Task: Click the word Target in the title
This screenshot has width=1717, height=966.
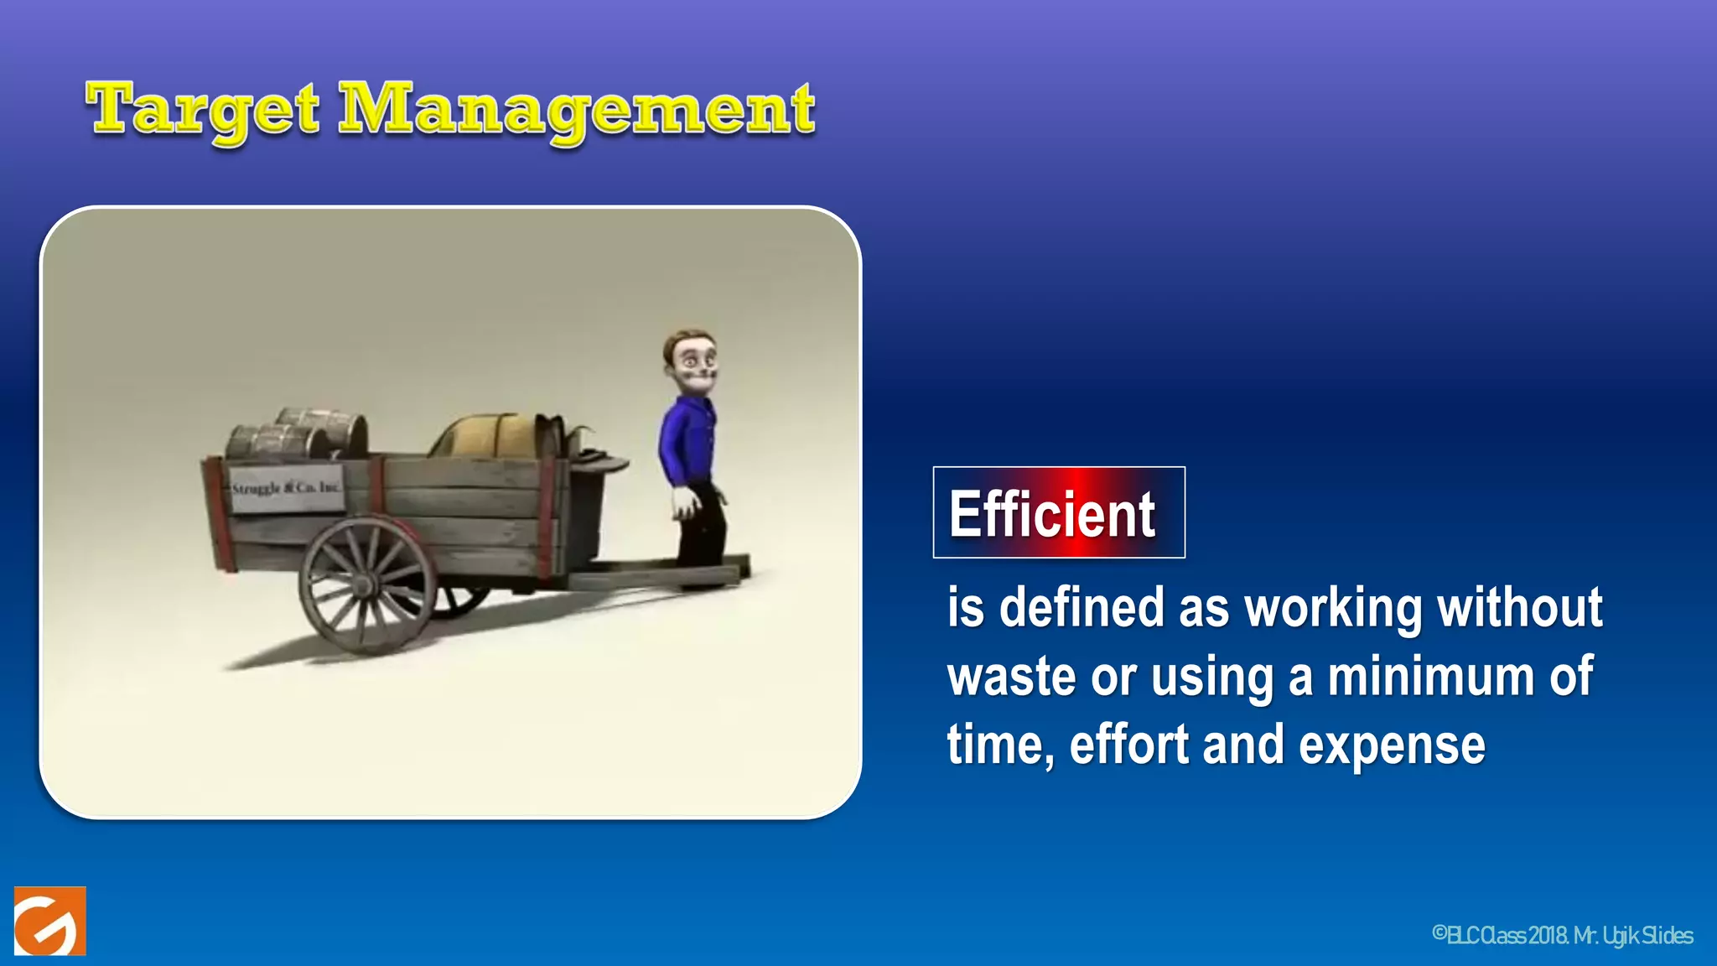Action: [x=203, y=111]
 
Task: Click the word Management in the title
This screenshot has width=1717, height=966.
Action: [x=577, y=111]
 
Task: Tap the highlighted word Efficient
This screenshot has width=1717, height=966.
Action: [x=1052, y=514]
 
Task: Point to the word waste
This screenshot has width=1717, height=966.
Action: [x=1010, y=677]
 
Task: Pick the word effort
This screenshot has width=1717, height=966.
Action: [x=1128, y=745]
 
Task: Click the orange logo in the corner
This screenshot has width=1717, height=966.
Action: [x=49, y=922]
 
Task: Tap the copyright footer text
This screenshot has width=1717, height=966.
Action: [x=1562, y=935]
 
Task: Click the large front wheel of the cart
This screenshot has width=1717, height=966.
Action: [x=367, y=584]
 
